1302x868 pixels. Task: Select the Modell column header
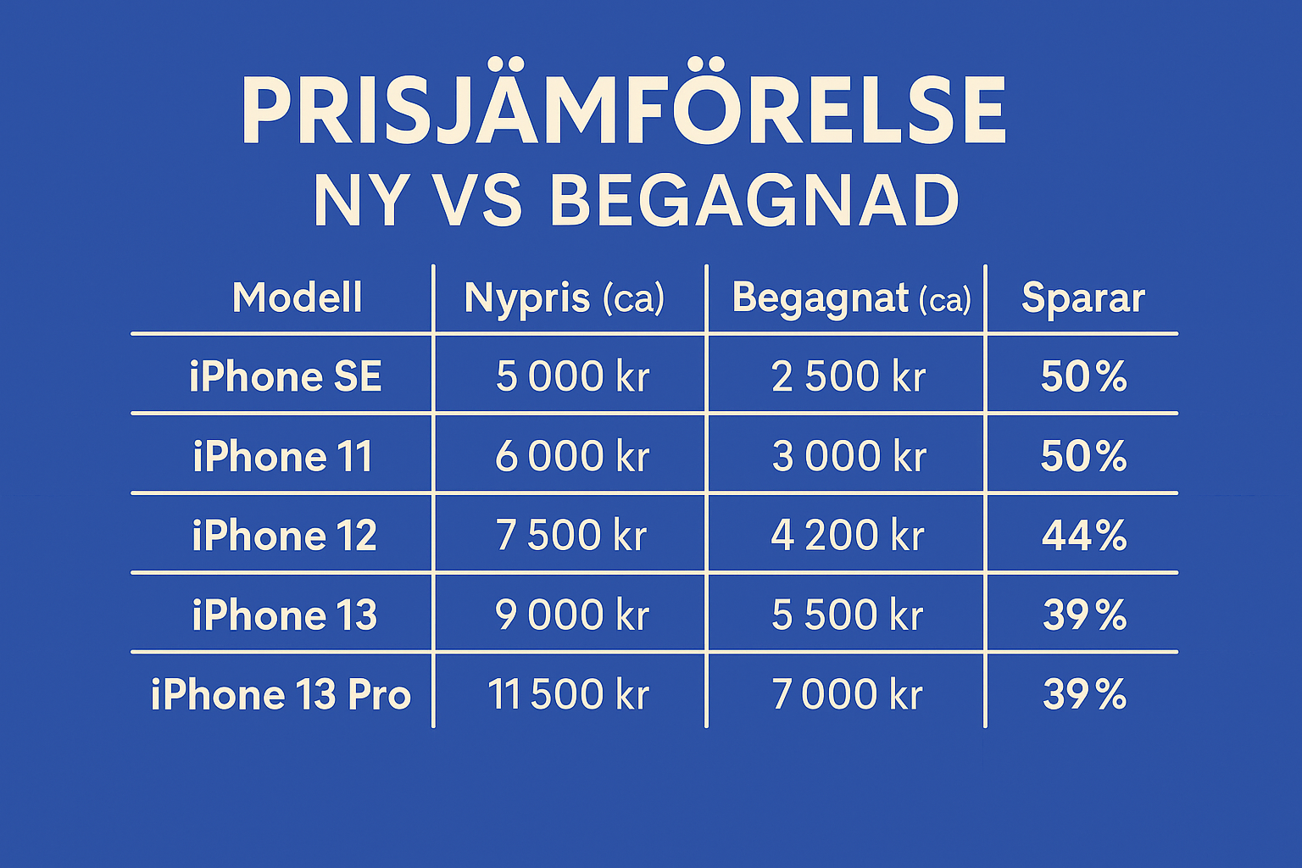coord(297,297)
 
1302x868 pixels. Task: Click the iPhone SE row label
coord(286,376)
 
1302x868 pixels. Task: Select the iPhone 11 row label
coord(282,456)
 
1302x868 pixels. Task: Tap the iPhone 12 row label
coord(284,535)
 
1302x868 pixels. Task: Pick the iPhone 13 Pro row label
coord(281,694)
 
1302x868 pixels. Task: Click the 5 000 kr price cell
coord(572,376)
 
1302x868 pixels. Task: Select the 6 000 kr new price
coord(572,456)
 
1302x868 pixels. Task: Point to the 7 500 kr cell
coord(571,535)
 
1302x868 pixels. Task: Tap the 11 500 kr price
coord(569,694)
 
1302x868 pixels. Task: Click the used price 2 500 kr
coord(848,376)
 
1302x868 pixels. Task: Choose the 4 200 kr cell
coord(848,535)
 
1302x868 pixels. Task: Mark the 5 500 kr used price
coord(848,615)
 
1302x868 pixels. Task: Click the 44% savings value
coord(1084,535)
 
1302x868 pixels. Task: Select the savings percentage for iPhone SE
coord(1084,376)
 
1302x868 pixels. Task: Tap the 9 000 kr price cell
coord(572,615)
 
